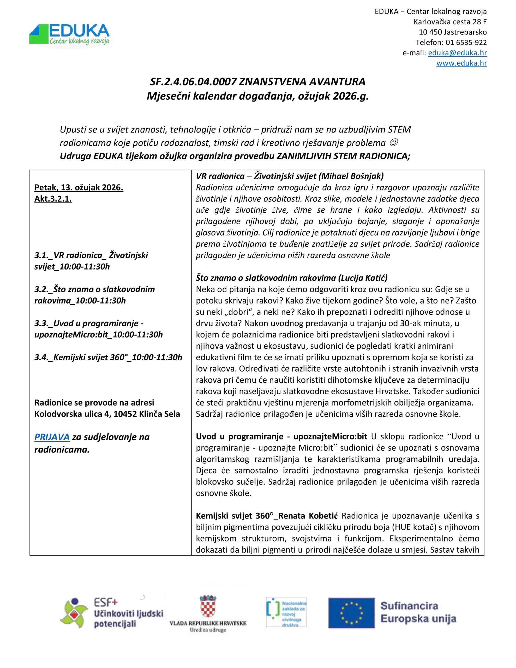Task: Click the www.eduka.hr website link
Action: click(461, 63)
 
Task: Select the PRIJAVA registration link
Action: click(52, 437)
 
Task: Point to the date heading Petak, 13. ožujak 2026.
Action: click(79, 188)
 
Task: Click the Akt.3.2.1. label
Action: click(53, 199)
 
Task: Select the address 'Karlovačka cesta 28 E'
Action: click(450, 22)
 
